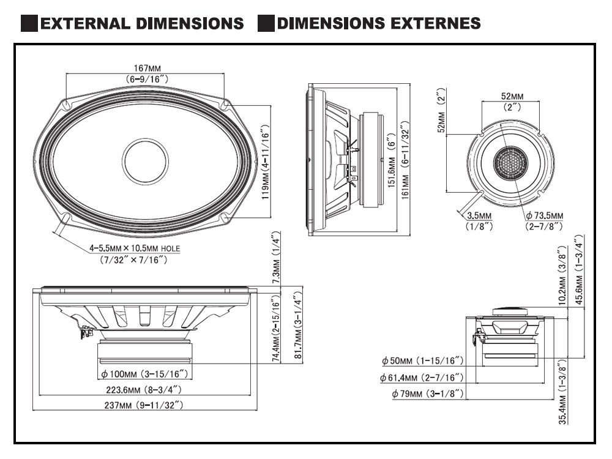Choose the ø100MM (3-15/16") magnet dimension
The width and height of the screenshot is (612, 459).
145,373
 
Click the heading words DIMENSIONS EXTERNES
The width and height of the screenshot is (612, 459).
378,24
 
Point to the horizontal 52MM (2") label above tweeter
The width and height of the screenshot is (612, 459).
512,102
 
